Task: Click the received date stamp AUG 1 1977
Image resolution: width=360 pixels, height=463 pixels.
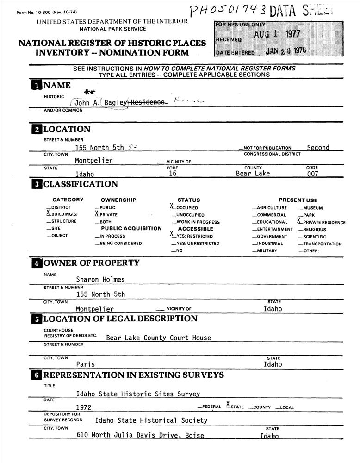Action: pos(277,34)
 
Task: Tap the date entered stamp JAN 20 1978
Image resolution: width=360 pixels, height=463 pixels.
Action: pos(286,51)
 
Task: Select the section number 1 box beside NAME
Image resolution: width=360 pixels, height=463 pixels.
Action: pos(36,85)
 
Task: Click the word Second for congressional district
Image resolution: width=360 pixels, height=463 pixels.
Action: pos(318,148)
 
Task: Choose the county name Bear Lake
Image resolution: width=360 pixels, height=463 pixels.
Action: pos(253,174)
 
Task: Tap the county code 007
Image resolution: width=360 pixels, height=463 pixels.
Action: pos(312,174)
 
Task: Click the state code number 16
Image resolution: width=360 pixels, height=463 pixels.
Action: pos(172,174)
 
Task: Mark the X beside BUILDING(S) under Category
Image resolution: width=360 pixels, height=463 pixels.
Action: pos(48,213)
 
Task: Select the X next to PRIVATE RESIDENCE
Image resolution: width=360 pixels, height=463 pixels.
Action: pos(299,221)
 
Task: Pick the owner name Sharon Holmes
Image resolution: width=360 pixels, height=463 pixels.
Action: pos(100,279)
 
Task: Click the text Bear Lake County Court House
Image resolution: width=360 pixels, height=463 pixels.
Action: pos(158,338)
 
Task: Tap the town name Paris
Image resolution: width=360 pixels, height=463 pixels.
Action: pos(85,364)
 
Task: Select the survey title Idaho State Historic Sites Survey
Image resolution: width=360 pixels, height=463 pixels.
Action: pos(138,394)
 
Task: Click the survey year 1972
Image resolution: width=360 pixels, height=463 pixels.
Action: pos(84,407)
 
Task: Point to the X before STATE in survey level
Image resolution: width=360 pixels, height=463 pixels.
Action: pos(228,405)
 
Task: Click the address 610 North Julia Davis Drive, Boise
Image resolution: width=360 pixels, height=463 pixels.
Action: pos(140,435)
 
